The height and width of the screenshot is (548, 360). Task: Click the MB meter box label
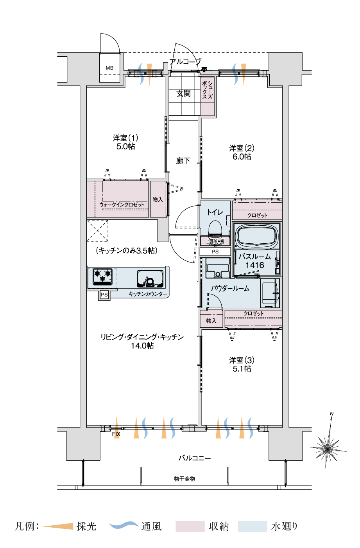click(x=109, y=68)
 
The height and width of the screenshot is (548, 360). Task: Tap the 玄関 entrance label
click(x=184, y=93)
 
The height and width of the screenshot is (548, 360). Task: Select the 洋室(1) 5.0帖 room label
click(x=125, y=142)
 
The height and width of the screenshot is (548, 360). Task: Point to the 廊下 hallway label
click(x=183, y=161)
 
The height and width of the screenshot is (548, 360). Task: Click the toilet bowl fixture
click(x=215, y=228)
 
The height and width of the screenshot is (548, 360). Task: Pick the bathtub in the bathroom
click(x=257, y=235)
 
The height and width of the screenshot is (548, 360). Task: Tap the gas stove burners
click(x=103, y=277)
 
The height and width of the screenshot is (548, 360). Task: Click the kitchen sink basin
click(x=150, y=278)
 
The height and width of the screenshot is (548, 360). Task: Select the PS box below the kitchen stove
click(x=104, y=295)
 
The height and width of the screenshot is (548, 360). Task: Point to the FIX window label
click(x=116, y=434)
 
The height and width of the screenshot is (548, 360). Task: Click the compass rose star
click(x=328, y=448)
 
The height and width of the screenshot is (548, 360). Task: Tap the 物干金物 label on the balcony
click(x=184, y=479)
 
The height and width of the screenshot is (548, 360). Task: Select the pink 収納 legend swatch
click(x=190, y=526)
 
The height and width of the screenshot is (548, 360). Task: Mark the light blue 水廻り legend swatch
click(x=253, y=526)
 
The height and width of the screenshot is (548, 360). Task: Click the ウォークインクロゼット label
click(x=122, y=205)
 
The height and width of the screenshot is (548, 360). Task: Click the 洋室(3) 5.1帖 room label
click(x=242, y=364)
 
